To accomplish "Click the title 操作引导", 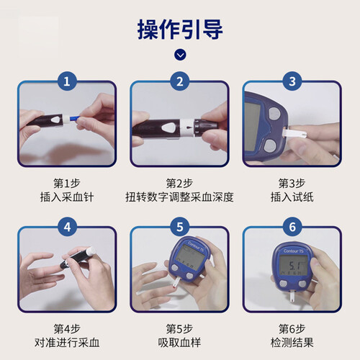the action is tap(180, 30).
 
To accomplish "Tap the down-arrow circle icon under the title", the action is tap(180, 55).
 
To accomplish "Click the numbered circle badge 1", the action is tap(67, 81).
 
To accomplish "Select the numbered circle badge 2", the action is tap(180, 81).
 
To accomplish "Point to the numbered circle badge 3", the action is tap(292, 81).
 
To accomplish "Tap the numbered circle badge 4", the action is tap(67, 227).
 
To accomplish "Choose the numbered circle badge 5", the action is tap(180, 227).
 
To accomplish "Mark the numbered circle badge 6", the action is tap(292, 227).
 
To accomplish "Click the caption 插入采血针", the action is tap(67, 197).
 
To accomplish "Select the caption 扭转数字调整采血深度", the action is tap(179, 197).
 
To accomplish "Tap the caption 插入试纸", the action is tap(292, 197).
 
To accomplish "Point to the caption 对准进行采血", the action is tap(67, 343).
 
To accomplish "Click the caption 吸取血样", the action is tap(179, 343).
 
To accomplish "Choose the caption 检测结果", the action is tap(292, 343).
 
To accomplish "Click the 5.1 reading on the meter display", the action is tap(294, 266).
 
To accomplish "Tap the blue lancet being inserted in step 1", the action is tap(73, 119).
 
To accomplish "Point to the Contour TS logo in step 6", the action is tap(294, 251).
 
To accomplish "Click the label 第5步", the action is tap(179, 328).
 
